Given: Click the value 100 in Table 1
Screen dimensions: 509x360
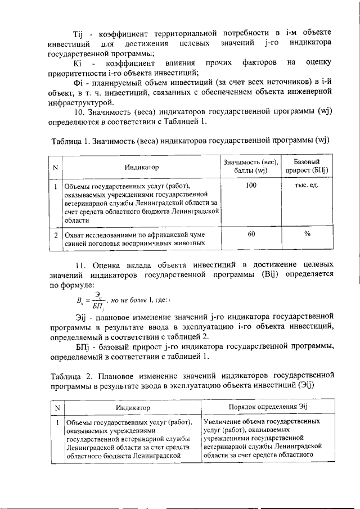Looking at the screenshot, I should coord(251,185).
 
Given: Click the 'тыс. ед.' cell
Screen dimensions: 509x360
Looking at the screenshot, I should coord(307,185).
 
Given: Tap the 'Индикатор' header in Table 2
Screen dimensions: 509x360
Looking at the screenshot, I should coord(133,407).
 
